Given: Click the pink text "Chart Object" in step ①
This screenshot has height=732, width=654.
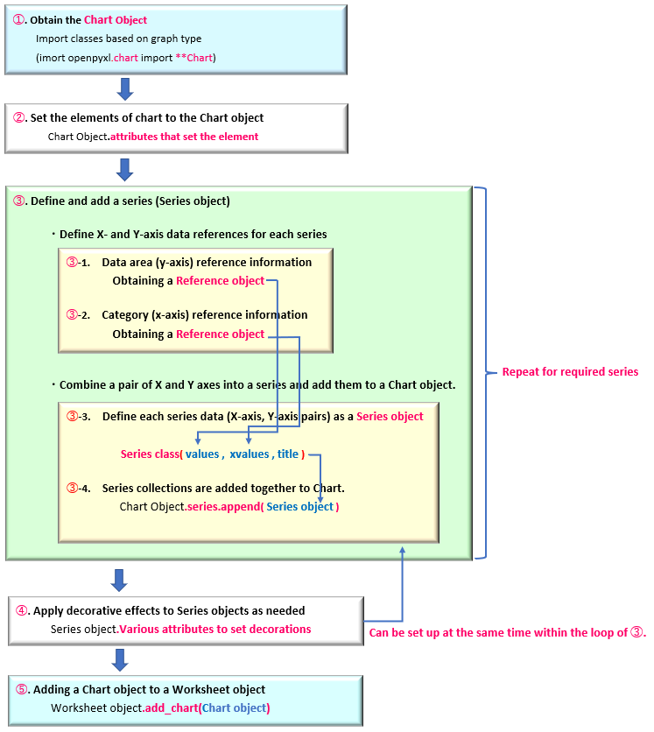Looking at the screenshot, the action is click(116, 20).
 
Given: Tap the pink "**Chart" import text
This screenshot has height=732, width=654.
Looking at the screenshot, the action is click(194, 58).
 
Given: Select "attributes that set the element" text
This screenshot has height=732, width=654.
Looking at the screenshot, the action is click(184, 137).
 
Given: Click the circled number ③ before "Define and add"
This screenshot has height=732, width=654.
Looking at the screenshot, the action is click(18, 201).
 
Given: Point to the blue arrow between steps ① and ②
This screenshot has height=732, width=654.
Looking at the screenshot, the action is click(125, 89).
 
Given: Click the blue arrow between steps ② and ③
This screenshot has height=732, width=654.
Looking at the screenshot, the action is click(124, 170).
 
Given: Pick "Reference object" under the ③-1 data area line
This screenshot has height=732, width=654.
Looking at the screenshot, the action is click(221, 281).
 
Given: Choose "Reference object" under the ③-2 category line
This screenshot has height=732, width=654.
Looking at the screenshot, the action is click(221, 334).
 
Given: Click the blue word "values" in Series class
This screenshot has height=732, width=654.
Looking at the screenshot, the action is click(202, 454).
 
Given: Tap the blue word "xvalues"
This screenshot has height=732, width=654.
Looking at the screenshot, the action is click(250, 454).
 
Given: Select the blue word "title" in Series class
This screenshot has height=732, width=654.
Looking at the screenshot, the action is click(287, 454).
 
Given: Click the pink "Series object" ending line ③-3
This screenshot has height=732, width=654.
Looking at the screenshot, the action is click(390, 417).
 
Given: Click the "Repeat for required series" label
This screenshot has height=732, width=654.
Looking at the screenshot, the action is click(570, 372).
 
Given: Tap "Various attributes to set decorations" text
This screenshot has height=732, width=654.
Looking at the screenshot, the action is click(215, 630).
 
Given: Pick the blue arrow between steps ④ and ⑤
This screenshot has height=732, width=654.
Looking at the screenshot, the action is click(120, 660).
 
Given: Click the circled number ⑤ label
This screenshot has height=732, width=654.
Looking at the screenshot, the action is click(22, 689).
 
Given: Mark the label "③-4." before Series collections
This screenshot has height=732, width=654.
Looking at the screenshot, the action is click(79, 489).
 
